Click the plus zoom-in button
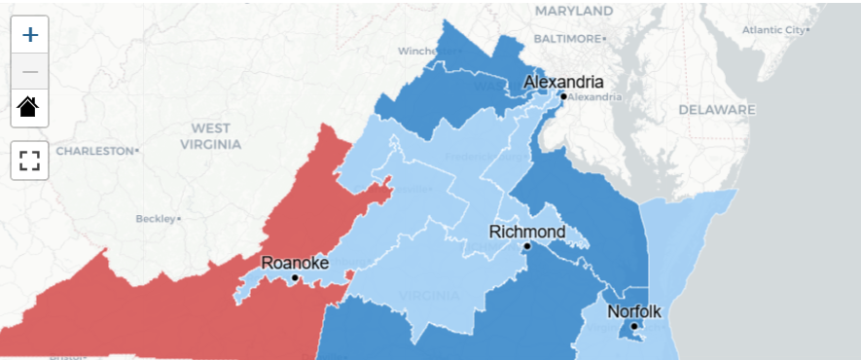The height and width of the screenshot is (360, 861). (x=30, y=35)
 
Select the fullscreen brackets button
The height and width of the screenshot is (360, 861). (x=29, y=160)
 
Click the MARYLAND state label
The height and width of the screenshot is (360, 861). (x=574, y=11)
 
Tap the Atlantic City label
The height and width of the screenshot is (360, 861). (x=774, y=30)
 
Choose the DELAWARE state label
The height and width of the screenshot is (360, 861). (x=717, y=110)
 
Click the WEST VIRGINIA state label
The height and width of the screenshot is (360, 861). (x=211, y=136)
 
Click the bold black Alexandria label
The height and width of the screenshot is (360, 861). (x=563, y=82)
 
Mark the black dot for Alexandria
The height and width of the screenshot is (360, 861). (x=562, y=96)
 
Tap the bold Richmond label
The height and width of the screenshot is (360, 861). (x=526, y=232)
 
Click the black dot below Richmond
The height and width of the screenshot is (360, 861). (x=526, y=247)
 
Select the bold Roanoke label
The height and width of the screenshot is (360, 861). (x=295, y=263)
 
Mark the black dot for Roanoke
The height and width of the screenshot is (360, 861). (x=295, y=278)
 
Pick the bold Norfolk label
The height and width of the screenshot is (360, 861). (x=633, y=311)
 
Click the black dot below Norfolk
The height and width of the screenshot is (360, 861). (x=632, y=326)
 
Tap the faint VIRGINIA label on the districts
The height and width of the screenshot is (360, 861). (x=429, y=295)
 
